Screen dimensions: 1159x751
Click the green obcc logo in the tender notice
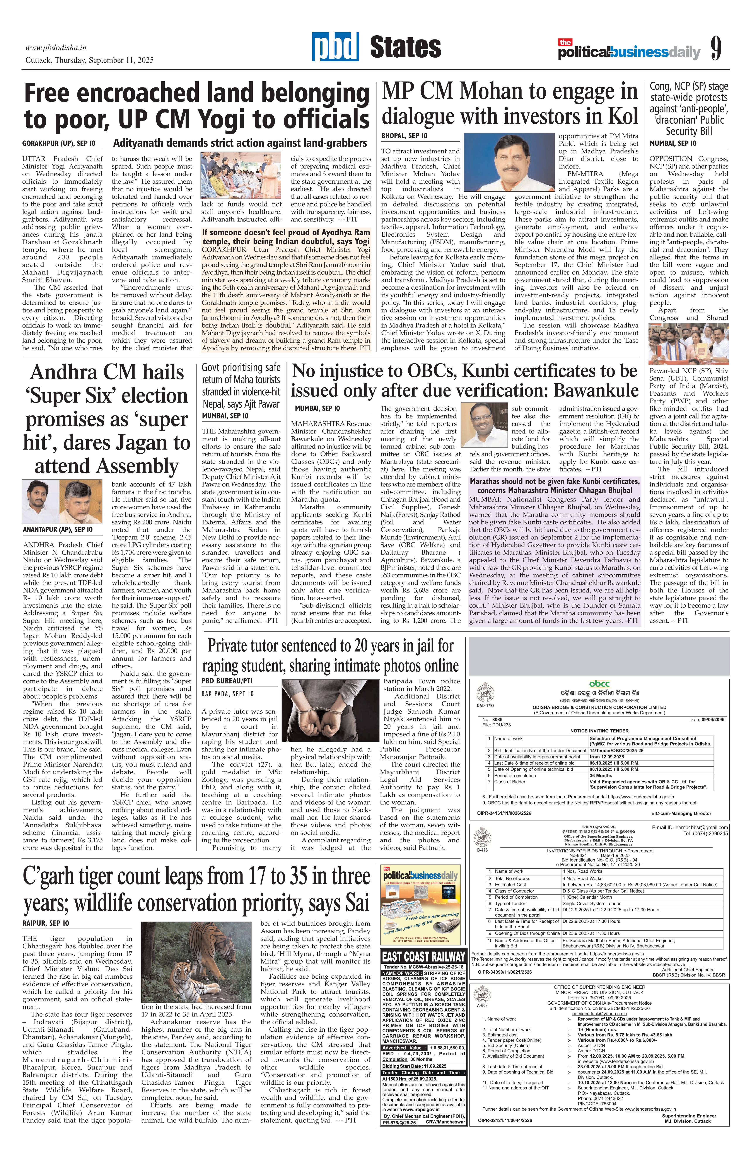click(599, 684)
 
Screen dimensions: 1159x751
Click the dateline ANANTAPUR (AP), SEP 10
click(58, 529)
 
